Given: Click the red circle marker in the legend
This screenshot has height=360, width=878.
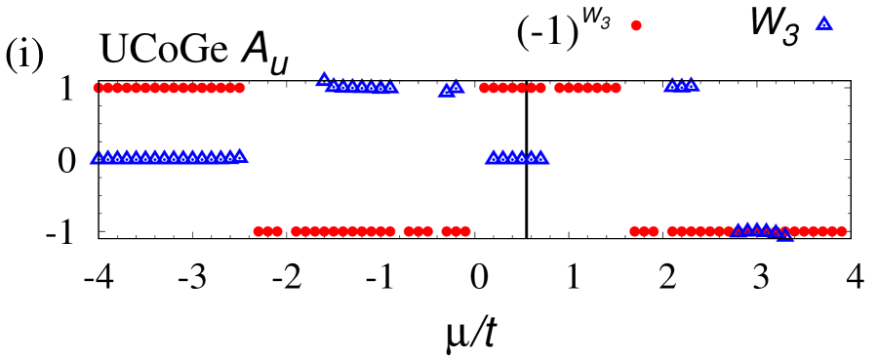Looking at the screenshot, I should (636, 25).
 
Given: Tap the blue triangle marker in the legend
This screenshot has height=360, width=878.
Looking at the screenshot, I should (824, 23).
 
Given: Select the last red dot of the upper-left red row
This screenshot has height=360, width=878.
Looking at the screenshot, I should (240, 88).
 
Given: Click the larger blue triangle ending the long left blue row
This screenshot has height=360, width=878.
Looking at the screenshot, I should (240, 155).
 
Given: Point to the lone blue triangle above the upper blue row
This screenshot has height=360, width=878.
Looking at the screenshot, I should (324, 78).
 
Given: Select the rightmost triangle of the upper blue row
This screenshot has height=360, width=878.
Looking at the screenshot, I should (390, 86).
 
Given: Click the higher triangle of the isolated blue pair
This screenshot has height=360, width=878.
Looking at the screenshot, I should (456, 86).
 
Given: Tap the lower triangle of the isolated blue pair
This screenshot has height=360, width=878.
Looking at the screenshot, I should (446, 90).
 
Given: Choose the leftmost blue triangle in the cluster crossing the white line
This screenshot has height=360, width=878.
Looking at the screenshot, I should (493, 157).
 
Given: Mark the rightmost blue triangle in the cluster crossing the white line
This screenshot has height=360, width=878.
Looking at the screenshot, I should (540, 157).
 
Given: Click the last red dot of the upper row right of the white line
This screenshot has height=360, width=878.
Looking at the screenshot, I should (616, 88).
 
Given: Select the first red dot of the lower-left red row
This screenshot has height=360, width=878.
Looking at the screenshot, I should (259, 231).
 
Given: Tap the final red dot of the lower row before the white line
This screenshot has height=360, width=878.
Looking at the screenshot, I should (464, 231).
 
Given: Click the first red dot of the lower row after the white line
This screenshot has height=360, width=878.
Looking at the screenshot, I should (635, 231).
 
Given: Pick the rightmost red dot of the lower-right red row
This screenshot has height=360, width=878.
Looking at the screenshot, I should (841, 231).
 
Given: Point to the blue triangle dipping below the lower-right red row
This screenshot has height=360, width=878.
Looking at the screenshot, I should (784, 234).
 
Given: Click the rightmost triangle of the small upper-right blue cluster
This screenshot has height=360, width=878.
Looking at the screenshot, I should (691, 84).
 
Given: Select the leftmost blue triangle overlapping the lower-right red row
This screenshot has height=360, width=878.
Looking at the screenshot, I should (738, 229).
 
